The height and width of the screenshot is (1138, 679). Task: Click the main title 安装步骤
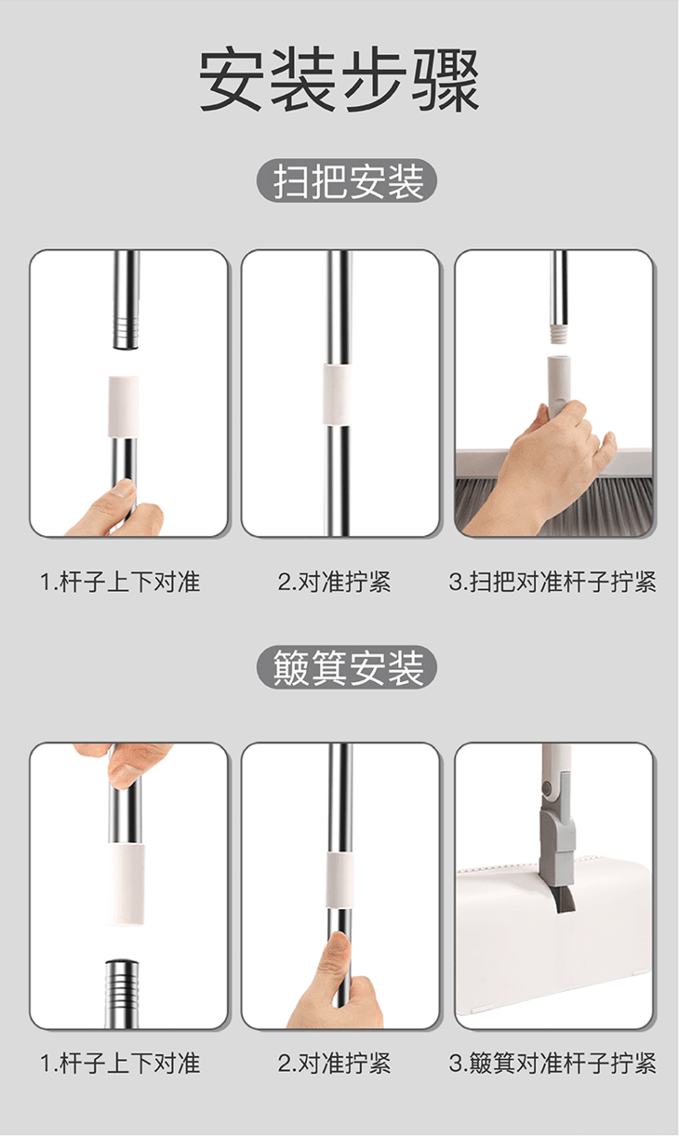339,79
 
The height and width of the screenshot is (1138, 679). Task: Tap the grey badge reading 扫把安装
346,181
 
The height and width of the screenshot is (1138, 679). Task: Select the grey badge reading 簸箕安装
346,667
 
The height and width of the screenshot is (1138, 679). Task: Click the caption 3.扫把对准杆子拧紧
553,582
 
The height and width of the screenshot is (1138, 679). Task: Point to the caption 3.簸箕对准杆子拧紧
553,1064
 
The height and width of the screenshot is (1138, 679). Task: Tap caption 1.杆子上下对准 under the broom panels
120,582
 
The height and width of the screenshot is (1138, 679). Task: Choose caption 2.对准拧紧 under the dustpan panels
334,1064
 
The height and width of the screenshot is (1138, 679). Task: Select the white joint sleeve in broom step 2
338,395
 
